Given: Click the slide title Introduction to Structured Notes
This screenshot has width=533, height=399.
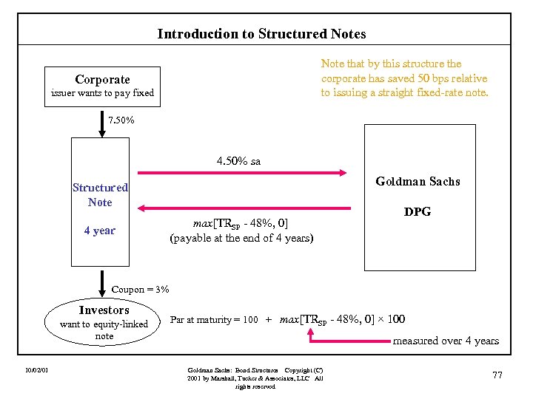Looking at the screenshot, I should pos(261,34).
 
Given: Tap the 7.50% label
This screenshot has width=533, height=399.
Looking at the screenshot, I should pos(121,120).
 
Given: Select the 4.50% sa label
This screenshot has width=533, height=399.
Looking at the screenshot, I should pos(238,160).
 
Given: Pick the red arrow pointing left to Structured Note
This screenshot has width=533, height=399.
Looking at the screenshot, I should pos(244,208).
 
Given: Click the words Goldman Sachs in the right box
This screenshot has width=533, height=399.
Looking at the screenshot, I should pos(418,181).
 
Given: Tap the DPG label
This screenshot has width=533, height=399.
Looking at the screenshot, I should pos(418,212).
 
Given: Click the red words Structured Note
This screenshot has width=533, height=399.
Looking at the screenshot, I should pos(100,195).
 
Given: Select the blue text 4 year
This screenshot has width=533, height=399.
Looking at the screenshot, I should pos(100,231).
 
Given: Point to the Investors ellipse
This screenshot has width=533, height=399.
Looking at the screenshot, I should pos(104,323).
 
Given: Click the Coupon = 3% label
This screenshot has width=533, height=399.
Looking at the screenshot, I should pos(140,289).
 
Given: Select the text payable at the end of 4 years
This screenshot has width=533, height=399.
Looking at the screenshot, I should pos(241,238).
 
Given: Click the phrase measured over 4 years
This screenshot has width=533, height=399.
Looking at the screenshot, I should pos(446,341).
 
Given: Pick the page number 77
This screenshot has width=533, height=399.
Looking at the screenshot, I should pos(497,375).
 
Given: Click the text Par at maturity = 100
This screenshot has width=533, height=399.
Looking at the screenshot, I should pos(214,320).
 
